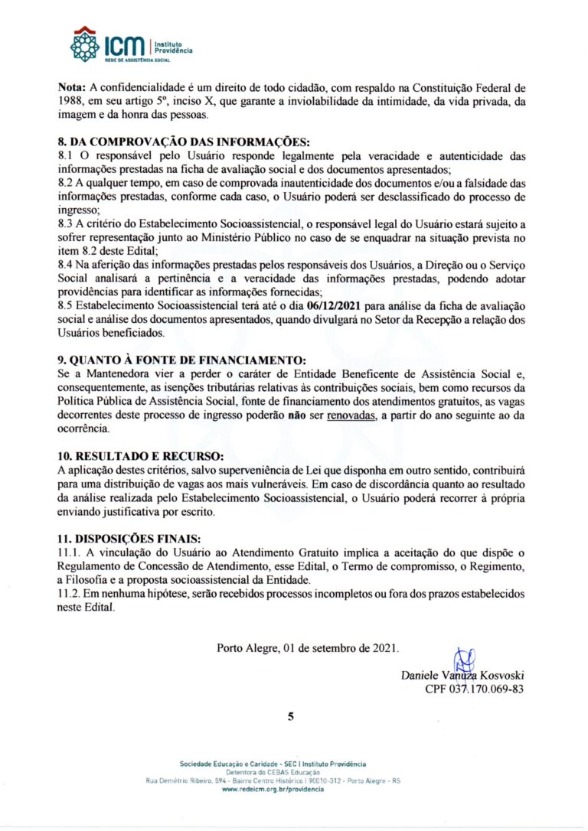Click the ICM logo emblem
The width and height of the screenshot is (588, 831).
click(85, 45)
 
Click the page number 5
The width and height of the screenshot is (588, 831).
click(291, 717)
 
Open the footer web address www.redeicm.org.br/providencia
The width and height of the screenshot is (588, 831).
click(273, 789)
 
